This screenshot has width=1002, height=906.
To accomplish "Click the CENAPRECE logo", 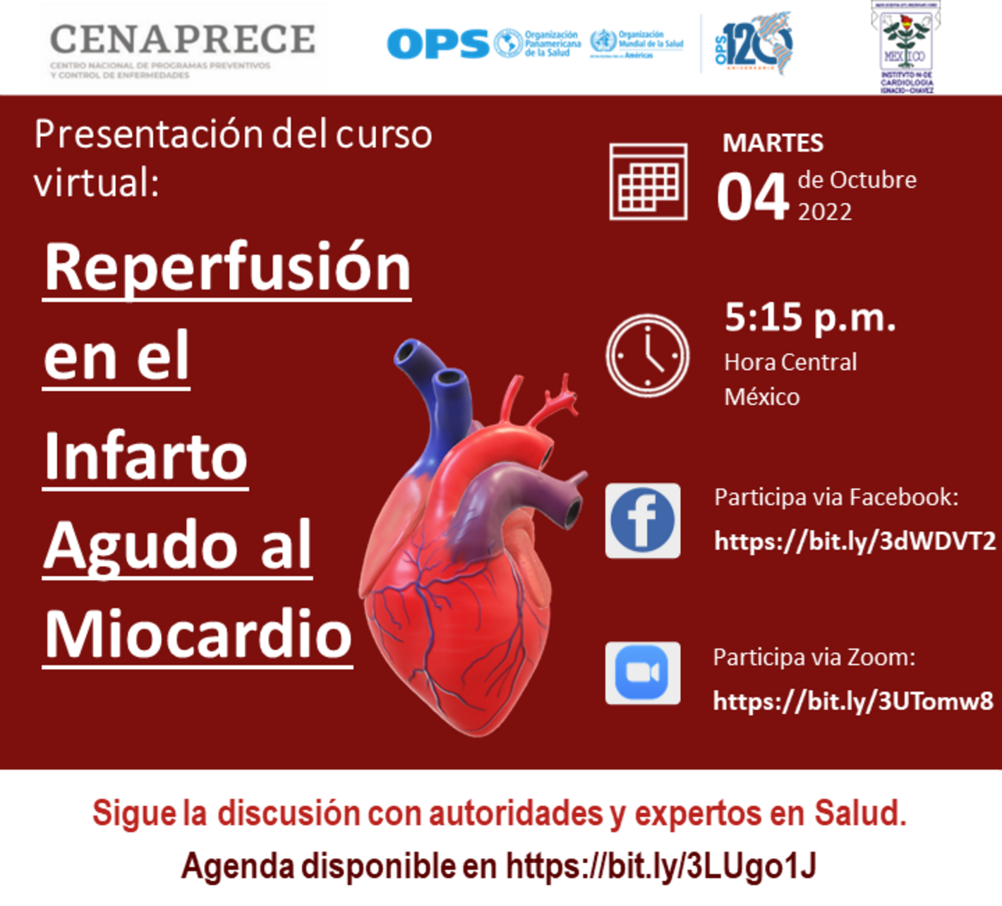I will click(182, 48).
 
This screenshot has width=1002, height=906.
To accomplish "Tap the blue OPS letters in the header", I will click(437, 44).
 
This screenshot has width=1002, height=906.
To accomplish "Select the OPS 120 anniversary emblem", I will click(753, 44).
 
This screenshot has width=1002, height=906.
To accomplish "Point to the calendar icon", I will click(648, 182).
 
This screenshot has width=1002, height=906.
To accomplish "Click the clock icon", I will click(647, 356).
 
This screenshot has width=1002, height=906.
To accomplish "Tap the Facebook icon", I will click(643, 521).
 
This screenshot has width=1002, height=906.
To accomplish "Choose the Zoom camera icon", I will click(643, 673).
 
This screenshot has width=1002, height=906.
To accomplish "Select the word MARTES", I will click(773, 143).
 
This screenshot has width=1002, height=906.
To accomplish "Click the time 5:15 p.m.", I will click(810, 318).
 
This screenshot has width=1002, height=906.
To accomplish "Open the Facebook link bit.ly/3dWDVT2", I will click(855, 541).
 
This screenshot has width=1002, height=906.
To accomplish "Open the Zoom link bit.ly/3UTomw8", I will click(853, 701).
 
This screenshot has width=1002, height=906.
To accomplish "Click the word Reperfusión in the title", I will click(227, 268).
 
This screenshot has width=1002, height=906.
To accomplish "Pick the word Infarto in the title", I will click(145, 457).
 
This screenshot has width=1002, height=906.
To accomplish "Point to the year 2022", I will click(824, 212).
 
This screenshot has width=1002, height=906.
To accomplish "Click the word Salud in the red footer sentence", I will click(859, 813).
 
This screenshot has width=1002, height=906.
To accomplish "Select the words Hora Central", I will click(790, 362).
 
